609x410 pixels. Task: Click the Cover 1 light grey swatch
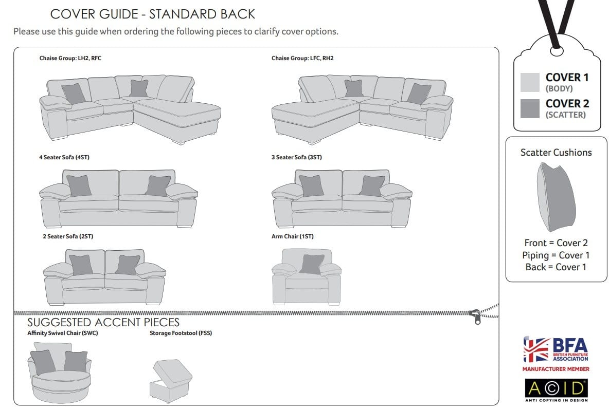click(x=530, y=82)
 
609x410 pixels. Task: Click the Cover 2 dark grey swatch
click(x=530, y=108)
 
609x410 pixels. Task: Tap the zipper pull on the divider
click(x=476, y=316)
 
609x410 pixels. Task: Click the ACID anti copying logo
click(x=556, y=390)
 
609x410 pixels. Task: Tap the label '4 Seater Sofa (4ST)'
click(x=64, y=157)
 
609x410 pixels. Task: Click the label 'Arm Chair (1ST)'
click(x=293, y=236)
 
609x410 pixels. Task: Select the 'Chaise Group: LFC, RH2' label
click(x=302, y=58)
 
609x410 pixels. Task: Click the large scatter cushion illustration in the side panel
click(x=556, y=197)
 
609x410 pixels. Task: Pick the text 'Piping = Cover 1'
click(x=556, y=255)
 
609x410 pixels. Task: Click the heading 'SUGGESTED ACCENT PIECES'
click(x=103, y=322)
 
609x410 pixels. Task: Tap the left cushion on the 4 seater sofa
click(x=79, y=186)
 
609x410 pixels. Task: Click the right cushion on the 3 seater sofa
click(x=372, y=186)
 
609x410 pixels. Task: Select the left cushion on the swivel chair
click(x=43, y=362)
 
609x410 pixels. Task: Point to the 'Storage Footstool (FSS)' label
click(x=181, y=333)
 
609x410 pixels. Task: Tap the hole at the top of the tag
click(x=556, y=51)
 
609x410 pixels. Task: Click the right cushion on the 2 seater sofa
click(x=128, y=265)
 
